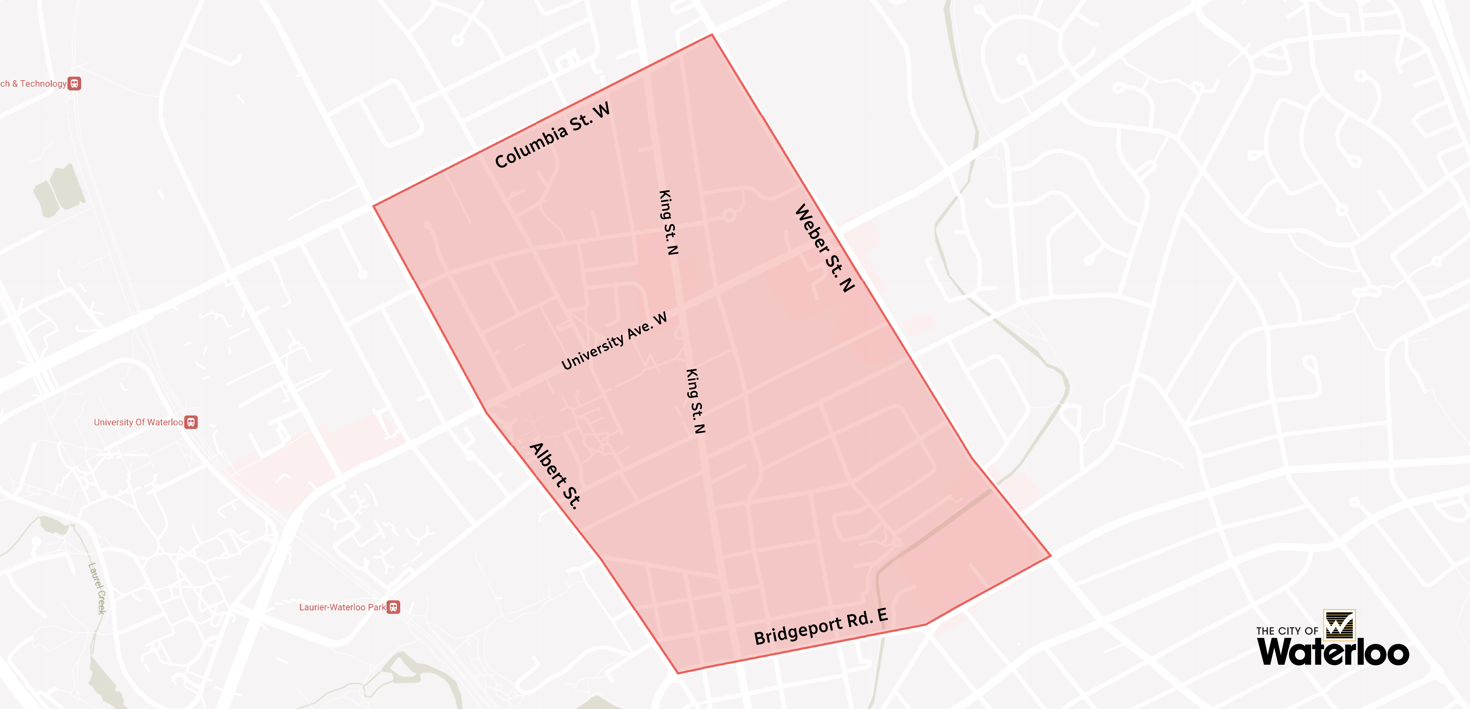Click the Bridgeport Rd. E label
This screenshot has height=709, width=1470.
[821, 626]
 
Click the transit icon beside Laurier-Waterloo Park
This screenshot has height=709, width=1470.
[393, 607]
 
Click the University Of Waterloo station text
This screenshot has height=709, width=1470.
[138, 422]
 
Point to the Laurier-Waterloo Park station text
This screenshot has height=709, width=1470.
[342, 607]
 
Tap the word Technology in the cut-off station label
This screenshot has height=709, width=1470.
[43, 83]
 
